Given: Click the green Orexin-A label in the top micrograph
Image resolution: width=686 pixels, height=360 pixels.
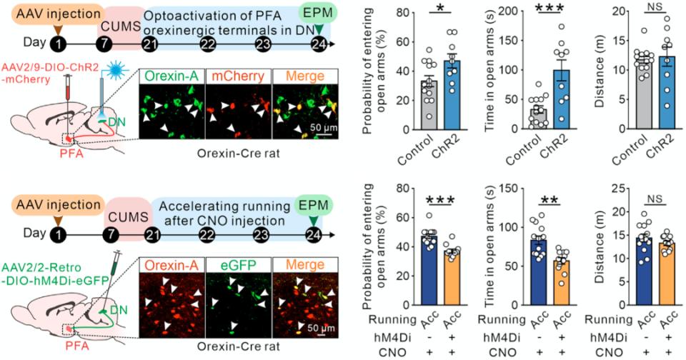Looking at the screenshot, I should tap(169, 74).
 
